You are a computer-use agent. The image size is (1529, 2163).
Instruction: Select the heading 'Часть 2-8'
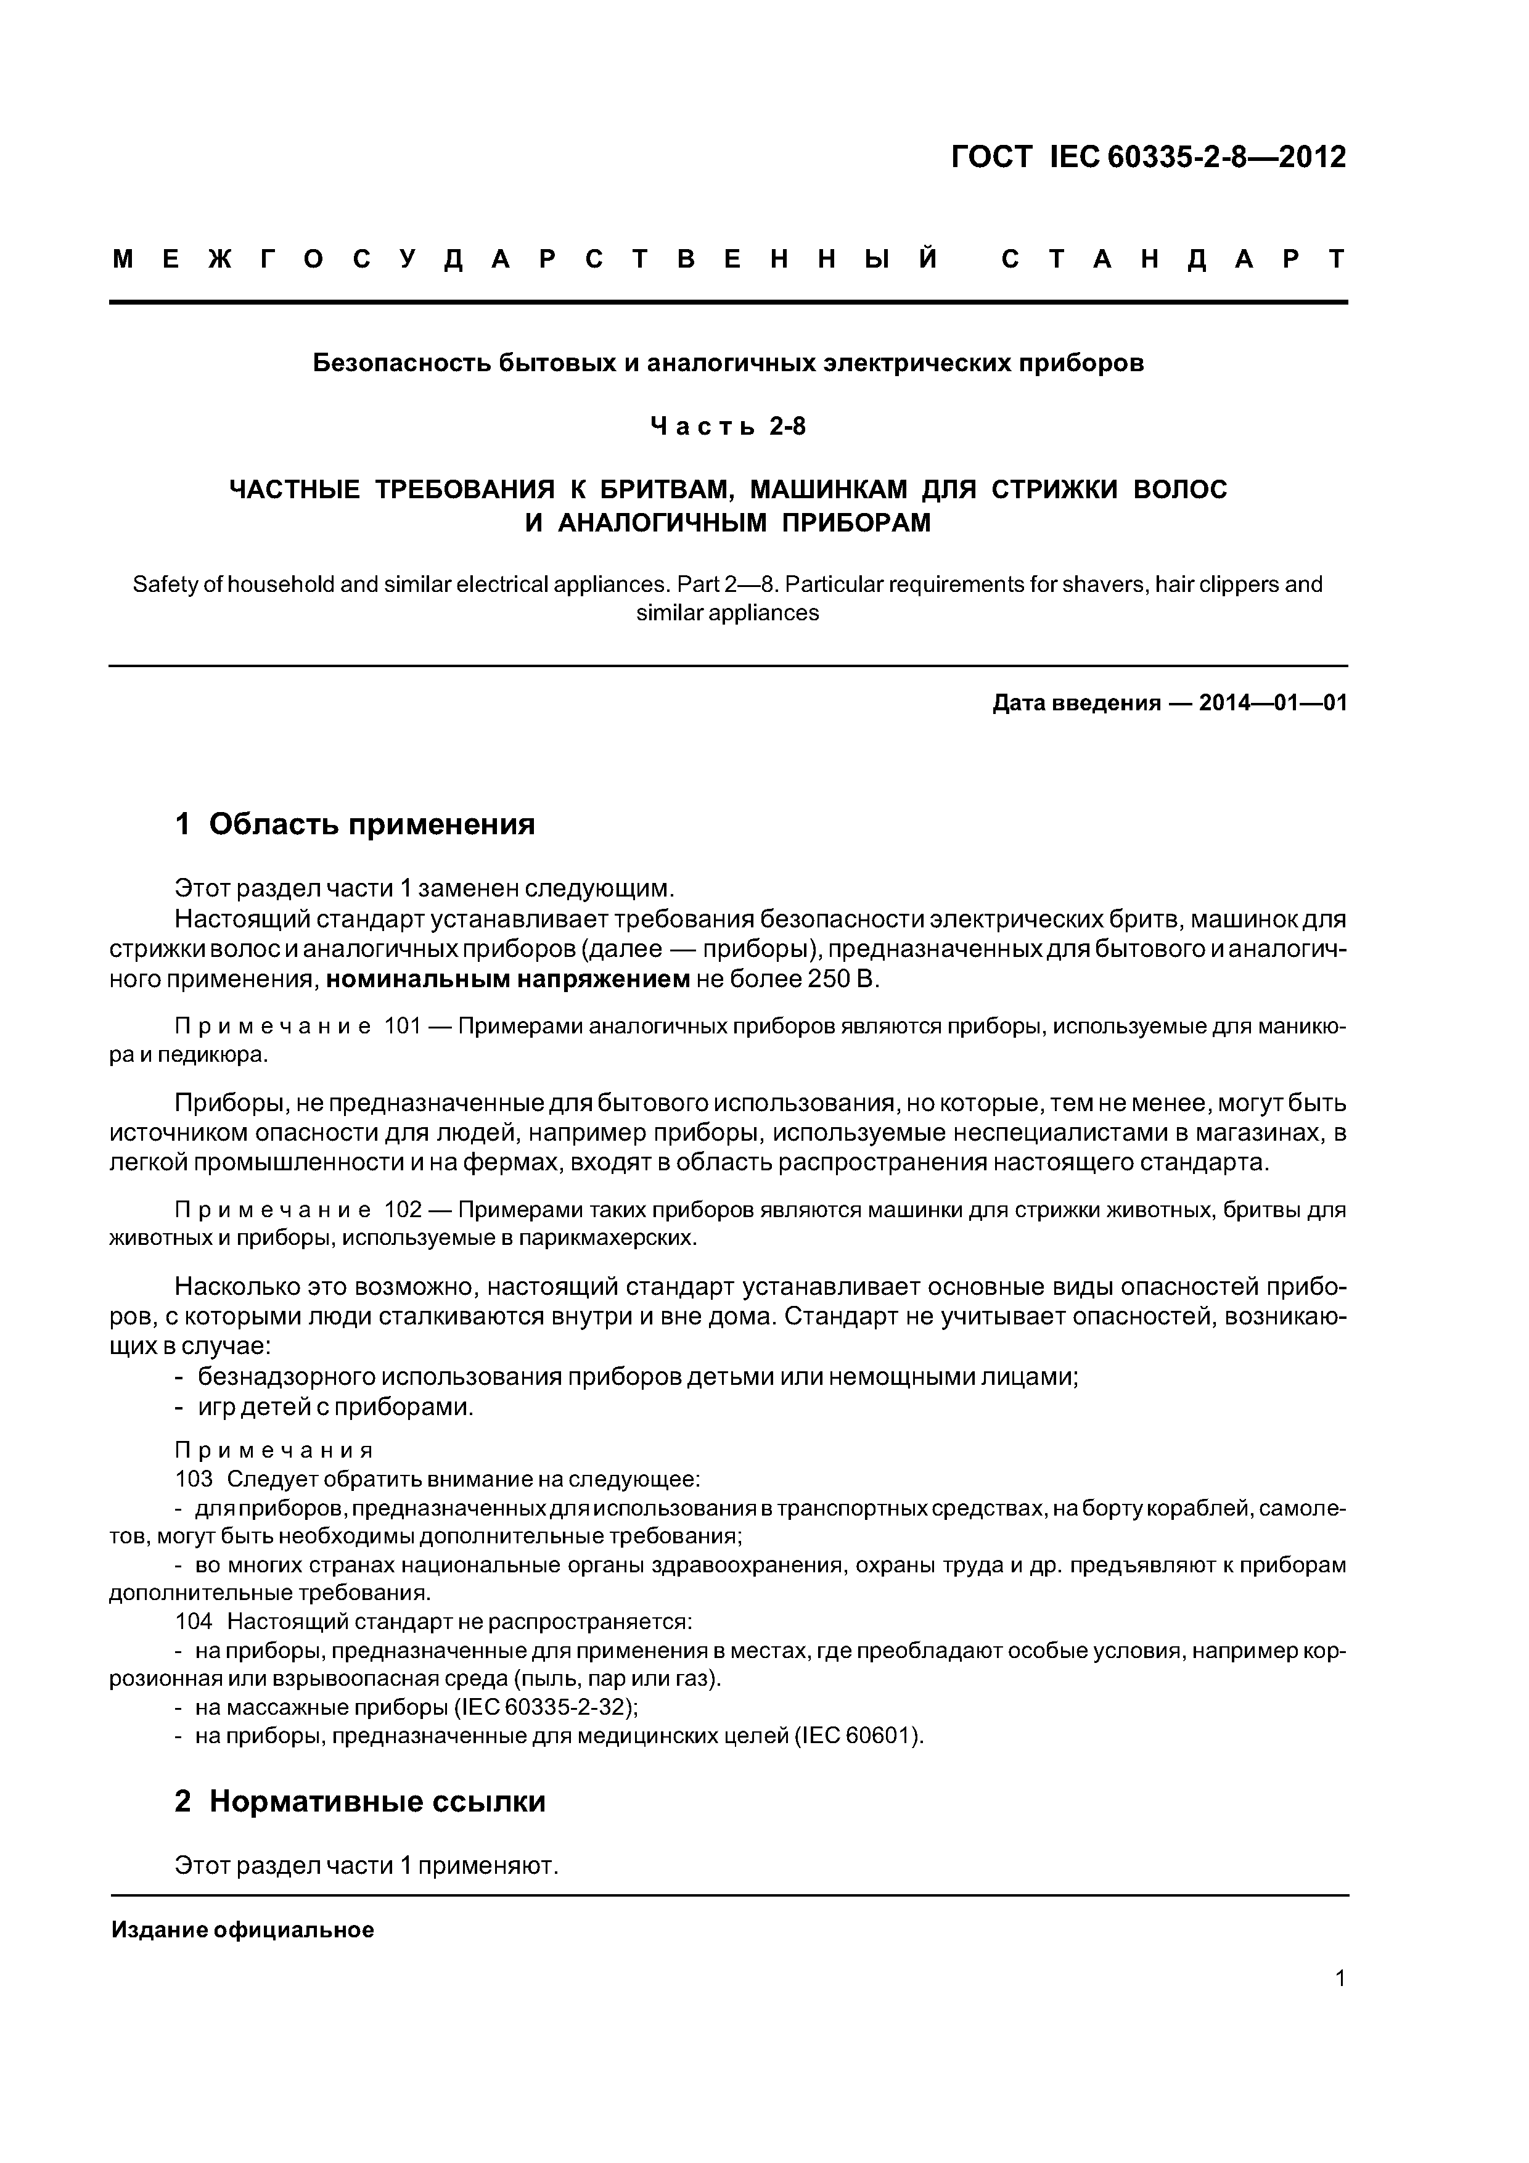click(x=728, y=427)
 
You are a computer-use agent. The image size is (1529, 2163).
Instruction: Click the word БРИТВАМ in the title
click(x=665, y=490)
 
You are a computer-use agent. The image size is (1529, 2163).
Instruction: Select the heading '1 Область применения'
click(x=355, y=824)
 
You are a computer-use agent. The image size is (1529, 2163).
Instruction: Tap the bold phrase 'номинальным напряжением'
click(x=508, y=980)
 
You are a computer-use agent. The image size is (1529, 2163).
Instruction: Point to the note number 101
click(x=402, y=1026)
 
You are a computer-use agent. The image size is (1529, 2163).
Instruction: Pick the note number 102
click(x=402, y=1210)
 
